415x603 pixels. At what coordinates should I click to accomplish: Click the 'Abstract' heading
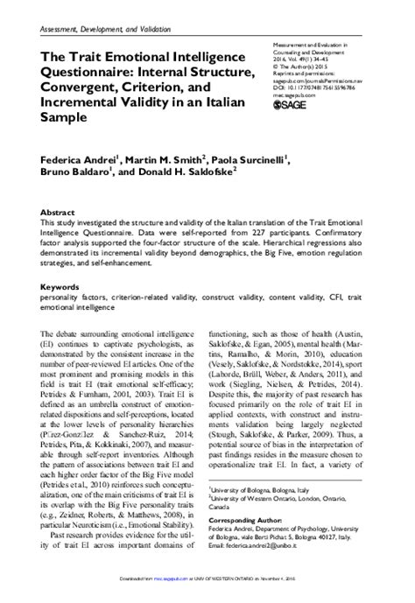59,212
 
